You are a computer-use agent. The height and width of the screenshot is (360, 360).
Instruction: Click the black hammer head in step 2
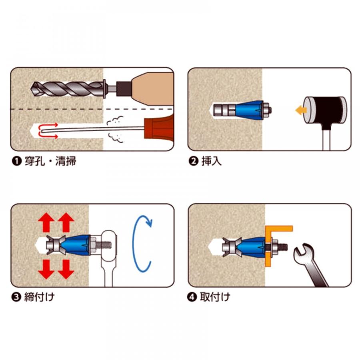click(324, 109)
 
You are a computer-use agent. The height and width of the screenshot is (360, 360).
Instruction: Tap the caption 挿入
click(212, 161)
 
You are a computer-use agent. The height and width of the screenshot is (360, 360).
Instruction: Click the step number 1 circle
click(16, 161)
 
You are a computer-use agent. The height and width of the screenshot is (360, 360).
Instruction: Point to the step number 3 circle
click(16, 297)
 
